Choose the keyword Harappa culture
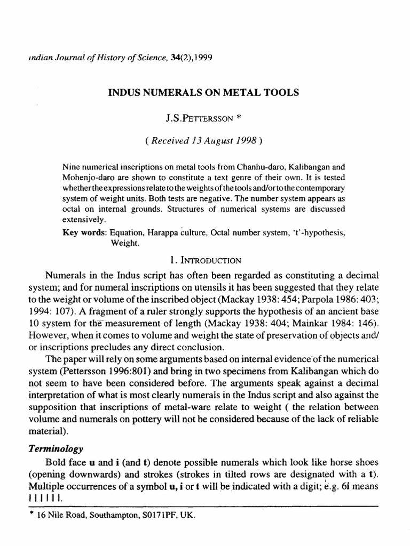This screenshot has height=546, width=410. click(x=175, y=233)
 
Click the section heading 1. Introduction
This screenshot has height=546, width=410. click(x=205, y=260)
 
